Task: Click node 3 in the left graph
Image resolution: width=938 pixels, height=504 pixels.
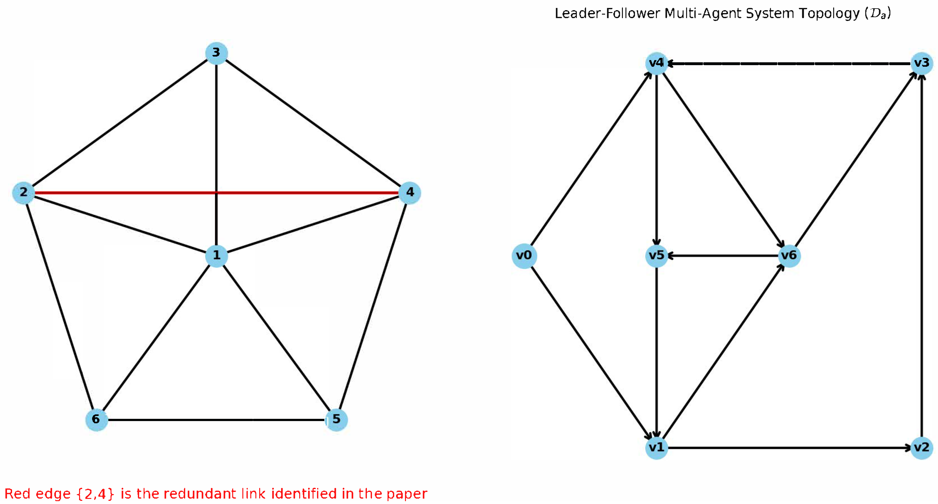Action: tap(216, 53)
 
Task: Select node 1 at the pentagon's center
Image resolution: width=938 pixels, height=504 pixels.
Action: tap(216, 255)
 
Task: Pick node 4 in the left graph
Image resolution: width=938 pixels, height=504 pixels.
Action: tap(410, 193)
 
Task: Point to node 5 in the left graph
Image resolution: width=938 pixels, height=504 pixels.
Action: tap(336, 419)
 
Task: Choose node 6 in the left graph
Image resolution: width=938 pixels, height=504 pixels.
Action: tap(97, 419)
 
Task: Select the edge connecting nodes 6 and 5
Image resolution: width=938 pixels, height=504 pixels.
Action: tap(216, 420)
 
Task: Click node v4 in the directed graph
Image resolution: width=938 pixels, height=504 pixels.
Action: tap(657, 63)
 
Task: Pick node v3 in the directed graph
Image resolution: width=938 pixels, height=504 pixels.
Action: tap(921, 63)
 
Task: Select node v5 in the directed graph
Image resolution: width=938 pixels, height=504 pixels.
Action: tap(657, 255)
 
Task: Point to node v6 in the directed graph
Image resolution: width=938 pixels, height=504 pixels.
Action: tap(789, 255)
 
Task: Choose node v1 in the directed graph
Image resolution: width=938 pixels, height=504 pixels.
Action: tap(657, 447)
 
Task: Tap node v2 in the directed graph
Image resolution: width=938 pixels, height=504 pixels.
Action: tap(921, 447)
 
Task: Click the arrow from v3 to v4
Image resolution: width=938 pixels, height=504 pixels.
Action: tap(789, 64)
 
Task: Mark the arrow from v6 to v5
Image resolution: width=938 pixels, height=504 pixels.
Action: tap(723, 255)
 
